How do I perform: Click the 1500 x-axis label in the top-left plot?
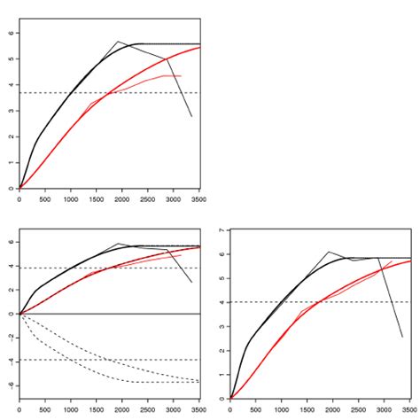point(97,199)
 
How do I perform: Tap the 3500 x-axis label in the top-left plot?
point(198,199)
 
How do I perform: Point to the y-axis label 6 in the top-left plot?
point(12,33)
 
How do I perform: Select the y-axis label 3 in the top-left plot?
point(12,111)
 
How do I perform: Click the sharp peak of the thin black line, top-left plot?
point(118,42)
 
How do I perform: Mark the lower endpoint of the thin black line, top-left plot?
point(191,116)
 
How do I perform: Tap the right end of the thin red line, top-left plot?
point(181,76)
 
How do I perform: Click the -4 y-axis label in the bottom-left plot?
point(12,362)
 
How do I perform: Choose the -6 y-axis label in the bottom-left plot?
point(12,385)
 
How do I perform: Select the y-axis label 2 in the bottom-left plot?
point(12,290)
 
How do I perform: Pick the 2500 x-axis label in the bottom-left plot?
point(147,410)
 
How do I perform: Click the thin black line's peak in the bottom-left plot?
point(118,244)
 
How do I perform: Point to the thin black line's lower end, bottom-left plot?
point(191,282)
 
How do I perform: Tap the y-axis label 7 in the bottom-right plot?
point(222,230)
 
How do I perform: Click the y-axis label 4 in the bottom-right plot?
point(222,302)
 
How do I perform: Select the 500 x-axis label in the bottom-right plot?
point(255,410)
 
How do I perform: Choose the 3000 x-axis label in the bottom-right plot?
point(384,410)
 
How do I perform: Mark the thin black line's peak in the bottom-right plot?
point(329,252)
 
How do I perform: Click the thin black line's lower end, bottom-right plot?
point(402,337)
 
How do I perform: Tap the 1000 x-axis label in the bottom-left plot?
point(71,410)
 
